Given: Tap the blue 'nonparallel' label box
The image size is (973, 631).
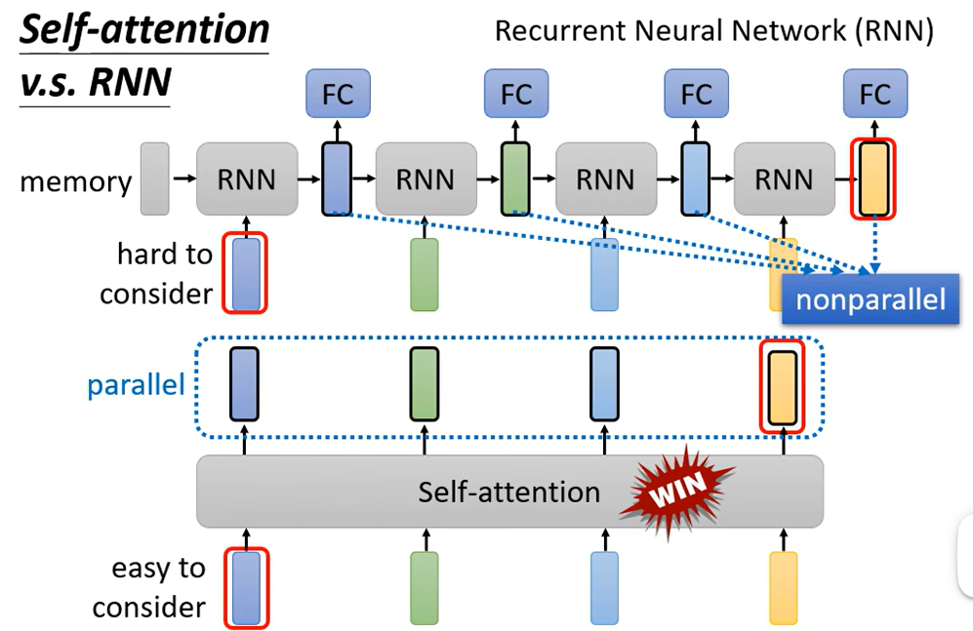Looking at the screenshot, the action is [x=871, y=299].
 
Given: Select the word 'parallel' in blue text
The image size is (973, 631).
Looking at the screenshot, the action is [x=136, y=385].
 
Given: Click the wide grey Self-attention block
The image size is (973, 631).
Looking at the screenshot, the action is [x=509, y=492].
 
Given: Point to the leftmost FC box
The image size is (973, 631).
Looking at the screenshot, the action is [x=339, y=94].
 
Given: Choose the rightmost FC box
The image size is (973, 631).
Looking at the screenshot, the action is [x=875, y=94].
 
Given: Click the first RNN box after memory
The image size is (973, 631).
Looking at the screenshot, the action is [x=247, y=179].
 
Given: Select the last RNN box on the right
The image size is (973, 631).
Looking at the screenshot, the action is [x=785, y=179].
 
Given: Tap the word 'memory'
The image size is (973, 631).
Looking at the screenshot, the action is [x=76, y=181].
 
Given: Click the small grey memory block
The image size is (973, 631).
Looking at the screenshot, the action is [x=154, y=179].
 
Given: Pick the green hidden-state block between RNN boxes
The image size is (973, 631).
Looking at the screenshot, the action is [x=515, y=179].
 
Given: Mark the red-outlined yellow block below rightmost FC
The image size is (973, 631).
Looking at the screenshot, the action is [x=873, y=179].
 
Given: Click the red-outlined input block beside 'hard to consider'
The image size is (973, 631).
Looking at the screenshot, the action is [x=245, y=273].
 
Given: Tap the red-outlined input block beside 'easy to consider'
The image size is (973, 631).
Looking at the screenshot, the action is [x=246, y=588].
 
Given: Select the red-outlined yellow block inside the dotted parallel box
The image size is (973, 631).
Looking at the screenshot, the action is [x=783, y=387].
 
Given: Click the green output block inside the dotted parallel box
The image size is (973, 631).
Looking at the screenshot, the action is [x=425, y=384].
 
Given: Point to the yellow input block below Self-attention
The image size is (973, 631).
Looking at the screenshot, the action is [x=783, y=588].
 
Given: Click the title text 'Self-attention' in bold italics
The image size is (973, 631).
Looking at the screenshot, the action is [x=144, y=30].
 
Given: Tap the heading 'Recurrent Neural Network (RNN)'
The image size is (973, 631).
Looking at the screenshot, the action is [x=714, y=30].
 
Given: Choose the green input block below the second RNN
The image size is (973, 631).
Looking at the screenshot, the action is [x=425, y=274].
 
